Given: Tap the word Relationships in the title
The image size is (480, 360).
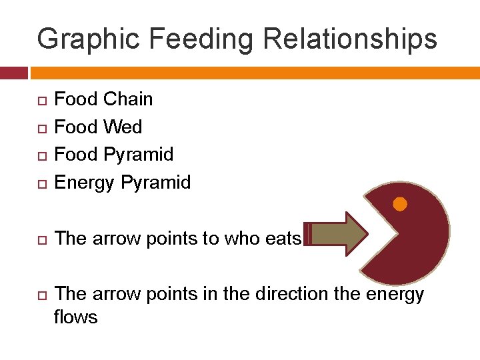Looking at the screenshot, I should (x=350, y=39).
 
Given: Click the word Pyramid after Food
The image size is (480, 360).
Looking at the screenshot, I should (x=139, y=155).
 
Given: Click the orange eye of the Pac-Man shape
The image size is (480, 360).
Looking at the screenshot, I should (x=400, y=204).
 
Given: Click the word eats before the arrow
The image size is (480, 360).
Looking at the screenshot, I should (x=283, y=239).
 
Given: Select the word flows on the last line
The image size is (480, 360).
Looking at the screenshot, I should (x=75, y=317).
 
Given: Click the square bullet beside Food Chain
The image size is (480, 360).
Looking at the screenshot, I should (x=41, y=101).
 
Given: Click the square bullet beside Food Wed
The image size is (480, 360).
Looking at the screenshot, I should (x=41, y=128).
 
